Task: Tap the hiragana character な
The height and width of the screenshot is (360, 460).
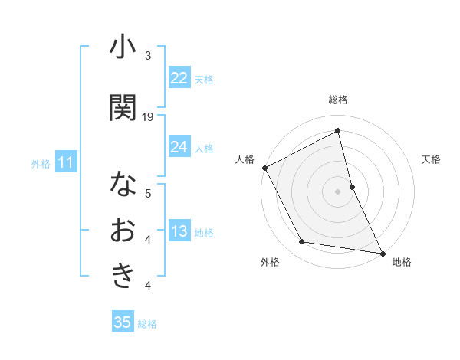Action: pos(123,185)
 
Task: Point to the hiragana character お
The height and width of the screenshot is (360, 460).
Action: pos(123,231)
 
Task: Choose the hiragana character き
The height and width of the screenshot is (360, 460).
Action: pos(123,276)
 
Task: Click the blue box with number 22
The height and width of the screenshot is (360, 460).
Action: pos(179,78)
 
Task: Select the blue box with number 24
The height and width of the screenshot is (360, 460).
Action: pos(179,147)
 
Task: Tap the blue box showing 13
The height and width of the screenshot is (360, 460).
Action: pos(179,232)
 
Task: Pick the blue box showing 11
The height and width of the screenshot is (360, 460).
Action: pos(65,162)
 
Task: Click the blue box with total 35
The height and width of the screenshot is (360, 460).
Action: pos(123,322)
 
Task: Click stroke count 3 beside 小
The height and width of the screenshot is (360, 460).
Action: pos(148,57)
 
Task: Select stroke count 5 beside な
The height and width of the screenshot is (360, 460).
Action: pos(148,194)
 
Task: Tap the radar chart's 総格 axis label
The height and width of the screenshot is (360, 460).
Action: pos(338,100)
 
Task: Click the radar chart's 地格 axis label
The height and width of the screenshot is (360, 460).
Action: pos(402,262)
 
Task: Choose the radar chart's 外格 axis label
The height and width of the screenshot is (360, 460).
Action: pos(270,262)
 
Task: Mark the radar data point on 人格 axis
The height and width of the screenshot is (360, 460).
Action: pos(264,168)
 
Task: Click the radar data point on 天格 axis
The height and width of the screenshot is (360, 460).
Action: pos(352,187)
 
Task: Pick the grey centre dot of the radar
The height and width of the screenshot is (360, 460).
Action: pos(338,191)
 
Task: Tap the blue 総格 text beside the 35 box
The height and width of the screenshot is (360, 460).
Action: pos(147,324)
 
